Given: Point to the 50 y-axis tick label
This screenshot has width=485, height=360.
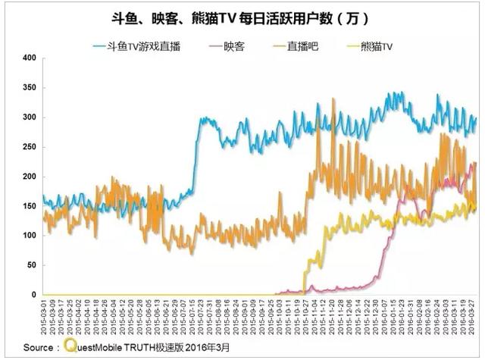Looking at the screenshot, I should coord(31,265).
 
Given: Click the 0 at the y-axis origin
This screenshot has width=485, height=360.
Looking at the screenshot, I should coord(34,295).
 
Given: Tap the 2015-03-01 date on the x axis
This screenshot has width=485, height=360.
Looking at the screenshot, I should coord(44,318).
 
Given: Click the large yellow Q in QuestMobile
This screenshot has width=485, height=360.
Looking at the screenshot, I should coord(70,346).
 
